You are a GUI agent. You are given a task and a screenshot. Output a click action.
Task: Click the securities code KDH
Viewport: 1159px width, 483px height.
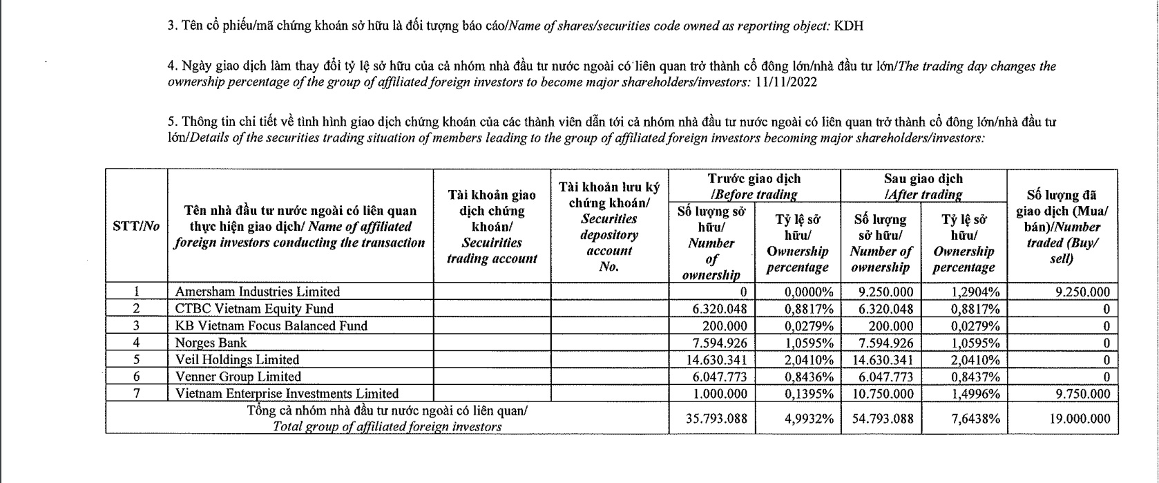tap(849, 26)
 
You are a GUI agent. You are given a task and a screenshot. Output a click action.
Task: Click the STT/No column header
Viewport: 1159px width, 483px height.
tap(136, 226)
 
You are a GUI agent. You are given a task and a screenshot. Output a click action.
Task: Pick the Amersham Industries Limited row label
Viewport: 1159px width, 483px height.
tap(257, 292)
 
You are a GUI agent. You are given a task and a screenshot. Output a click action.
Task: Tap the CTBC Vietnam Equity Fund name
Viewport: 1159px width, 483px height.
tap(254, 309)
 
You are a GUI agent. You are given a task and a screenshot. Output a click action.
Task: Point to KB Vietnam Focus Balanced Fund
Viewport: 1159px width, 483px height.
tap(271, 325)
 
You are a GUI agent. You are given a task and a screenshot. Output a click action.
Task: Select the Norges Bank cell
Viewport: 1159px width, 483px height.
tap(211, 343)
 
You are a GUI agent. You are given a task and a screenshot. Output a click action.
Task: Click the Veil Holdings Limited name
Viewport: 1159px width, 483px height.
tap(237, 360)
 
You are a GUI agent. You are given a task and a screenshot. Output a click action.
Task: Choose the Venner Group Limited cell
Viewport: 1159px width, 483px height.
tap(238, 377)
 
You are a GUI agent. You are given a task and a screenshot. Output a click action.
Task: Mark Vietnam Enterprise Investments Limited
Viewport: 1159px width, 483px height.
tap(287, 394)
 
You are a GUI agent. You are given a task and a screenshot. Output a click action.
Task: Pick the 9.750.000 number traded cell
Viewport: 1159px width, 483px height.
tap(1083, 394)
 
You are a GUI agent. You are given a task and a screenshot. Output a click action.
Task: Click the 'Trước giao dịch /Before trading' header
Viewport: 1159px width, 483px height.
tap(754, 186)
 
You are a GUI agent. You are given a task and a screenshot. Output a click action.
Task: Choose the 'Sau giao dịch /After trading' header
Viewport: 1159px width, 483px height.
tap(923, 186)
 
